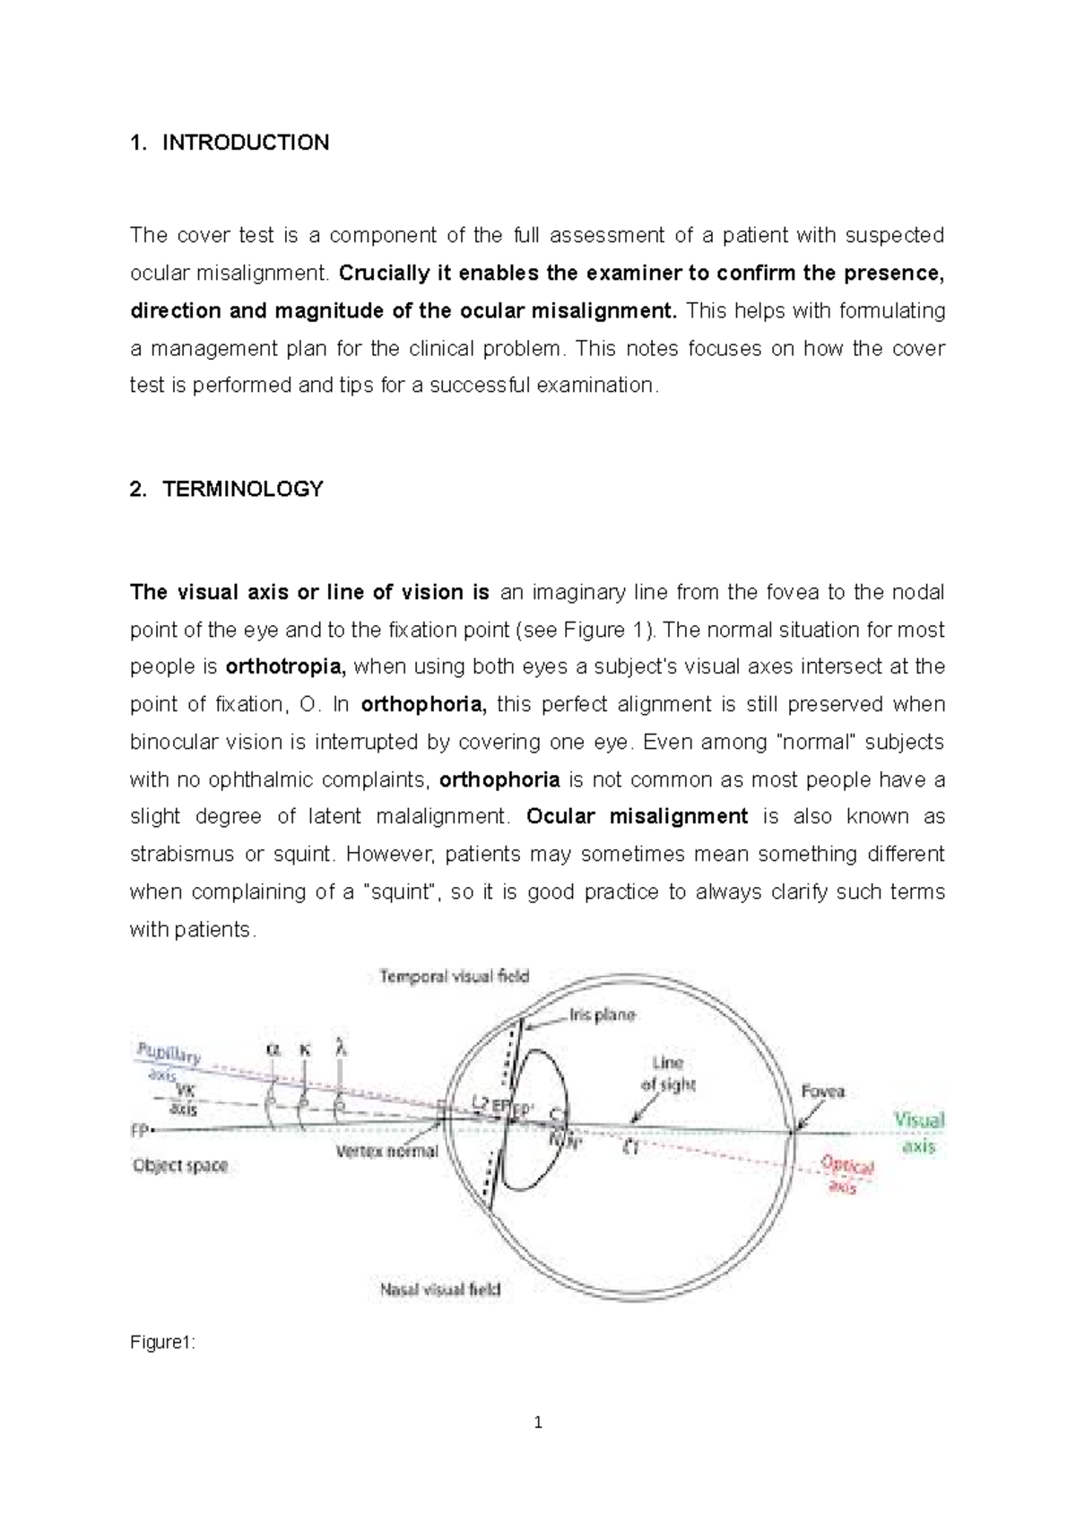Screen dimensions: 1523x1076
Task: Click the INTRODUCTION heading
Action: [x=245, y=143]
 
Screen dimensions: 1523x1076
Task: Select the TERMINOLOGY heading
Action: [x=242, y=489]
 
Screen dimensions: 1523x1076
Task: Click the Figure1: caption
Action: [x=162, y=1343]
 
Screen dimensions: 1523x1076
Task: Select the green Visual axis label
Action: [x=919, y=1132]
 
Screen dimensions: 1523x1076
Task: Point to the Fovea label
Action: [x=822, y=1092]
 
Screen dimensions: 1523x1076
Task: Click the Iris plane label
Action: [x=602, y=1015]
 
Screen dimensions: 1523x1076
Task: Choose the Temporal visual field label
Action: [x=455, y=976]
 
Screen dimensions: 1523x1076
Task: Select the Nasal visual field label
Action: [x=440, y=1290]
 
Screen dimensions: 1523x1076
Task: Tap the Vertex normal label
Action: [x=386, y=1152]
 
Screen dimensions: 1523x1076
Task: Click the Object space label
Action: [x=180, y=1166]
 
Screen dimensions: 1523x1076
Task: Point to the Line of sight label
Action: [x=668, y=1073]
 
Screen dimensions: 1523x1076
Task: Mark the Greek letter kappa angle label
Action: [x=306, y=1049]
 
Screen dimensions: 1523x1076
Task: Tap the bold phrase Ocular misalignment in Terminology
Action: [x=637, y=817]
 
